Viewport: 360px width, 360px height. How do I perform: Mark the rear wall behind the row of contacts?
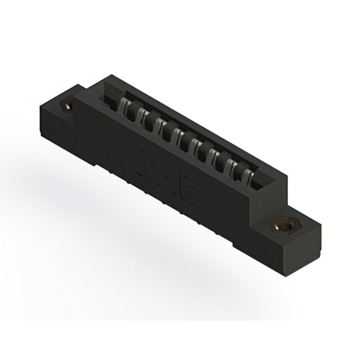(x=197, y=127)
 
